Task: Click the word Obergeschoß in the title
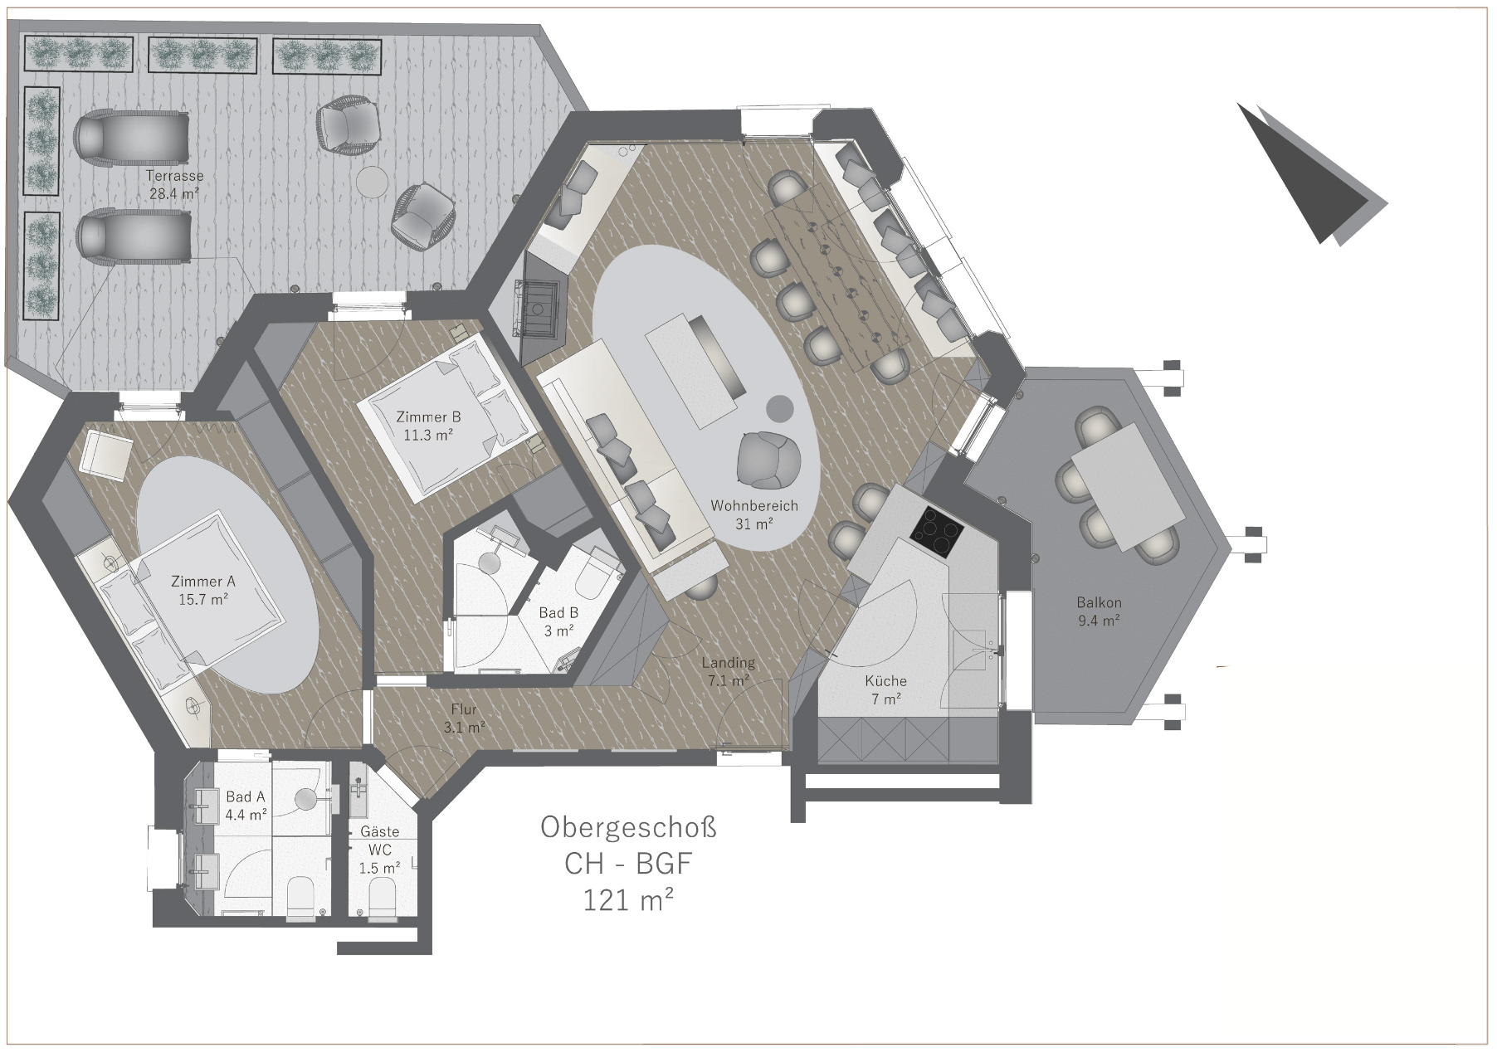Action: (628, 827)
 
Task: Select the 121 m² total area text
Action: (628, 900)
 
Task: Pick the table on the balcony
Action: (1129, 487)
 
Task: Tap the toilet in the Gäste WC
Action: (381, 899)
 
